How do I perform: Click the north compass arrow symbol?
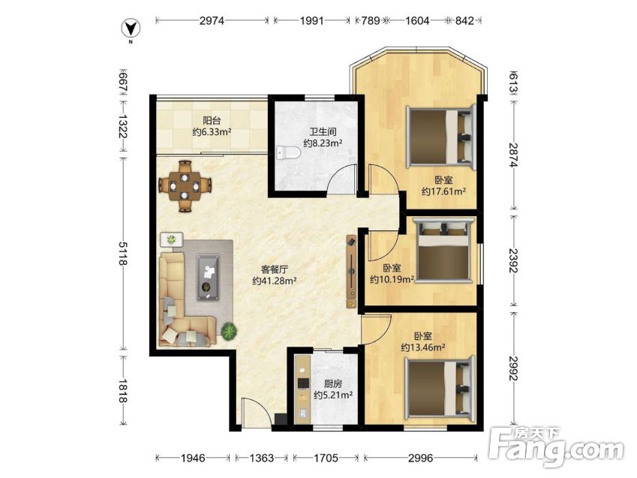[x=131, y=29]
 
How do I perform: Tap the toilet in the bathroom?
[x=288, y=153]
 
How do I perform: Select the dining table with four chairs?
[x=185, y=186]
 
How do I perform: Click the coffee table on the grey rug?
[x=208, y=277]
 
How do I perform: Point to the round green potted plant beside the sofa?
[x=229, y=331]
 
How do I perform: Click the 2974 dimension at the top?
[x=212, y=20]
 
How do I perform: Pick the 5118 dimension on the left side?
[x=122, y=254]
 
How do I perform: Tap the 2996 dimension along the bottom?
[x=420, y=458]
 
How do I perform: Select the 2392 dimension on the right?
[x=513, y=260]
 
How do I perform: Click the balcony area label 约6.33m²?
[x=212, y=132]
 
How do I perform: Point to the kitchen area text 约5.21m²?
[x=332, y=395]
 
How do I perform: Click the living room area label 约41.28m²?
[x=274, y=281]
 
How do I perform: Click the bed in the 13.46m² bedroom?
[x=440, y=388]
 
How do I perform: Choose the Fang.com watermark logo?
[x=556, y=446]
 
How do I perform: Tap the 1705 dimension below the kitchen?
[x=326, y=458]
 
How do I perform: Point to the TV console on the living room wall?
[x=351, y=271]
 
